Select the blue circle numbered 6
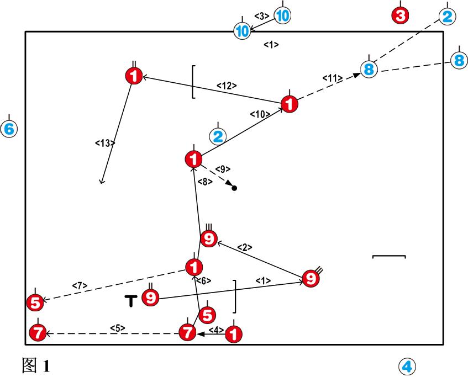(x=9, y=129)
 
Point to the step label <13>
(x=105, y=143)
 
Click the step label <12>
(x=227, y=86)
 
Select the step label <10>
(x=260, y=114)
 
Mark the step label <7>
(x=80, y=285)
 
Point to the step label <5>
(x=117, y=328)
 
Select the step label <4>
(x=215, y=330)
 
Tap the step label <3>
(x=261, y=15)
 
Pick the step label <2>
(x=245, y=248)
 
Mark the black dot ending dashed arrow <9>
(x=234, y=188)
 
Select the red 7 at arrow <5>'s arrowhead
(x=37, y=333)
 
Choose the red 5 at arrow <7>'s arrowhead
(x=35, y=302)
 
